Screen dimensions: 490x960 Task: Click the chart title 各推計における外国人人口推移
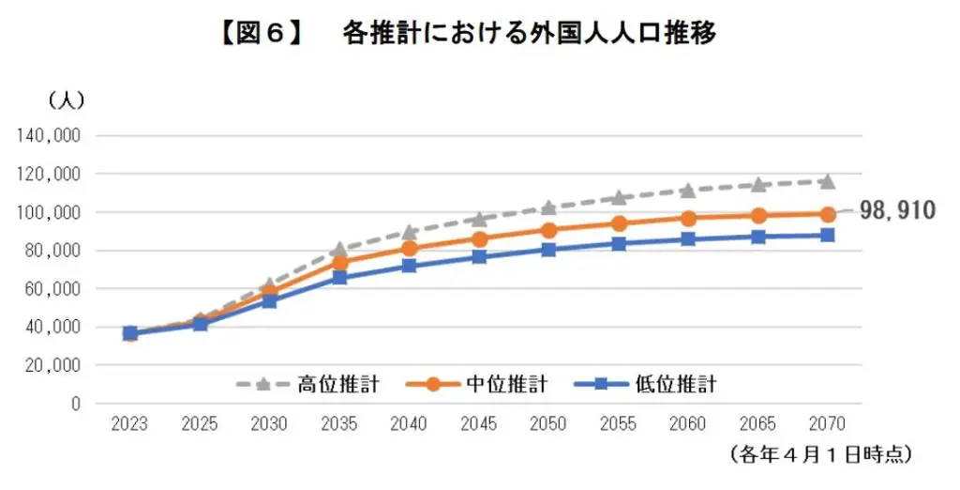[x=530, y=35]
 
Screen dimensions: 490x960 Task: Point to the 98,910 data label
[x=897, y=210]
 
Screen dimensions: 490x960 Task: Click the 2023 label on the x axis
[x=129, y=424]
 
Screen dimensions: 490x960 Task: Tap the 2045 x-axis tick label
[x=478, y=424]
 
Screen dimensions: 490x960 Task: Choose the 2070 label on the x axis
[x=828, y=424]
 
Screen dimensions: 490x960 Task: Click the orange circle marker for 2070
[x=828, y=214]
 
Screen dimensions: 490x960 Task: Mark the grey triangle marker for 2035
[x=339, y=249]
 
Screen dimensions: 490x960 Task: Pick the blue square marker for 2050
[x=548, y=250]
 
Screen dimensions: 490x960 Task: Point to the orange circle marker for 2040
[x=409, y=248]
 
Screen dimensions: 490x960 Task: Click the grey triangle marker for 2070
[x=828, y=180]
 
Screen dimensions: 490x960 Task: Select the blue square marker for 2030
[x=269, y=300]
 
